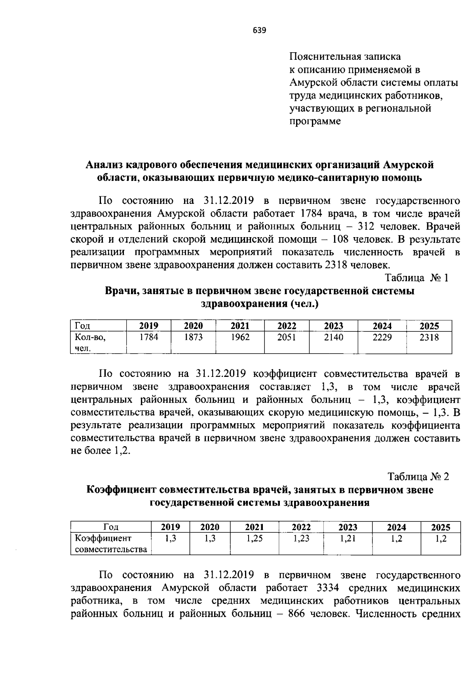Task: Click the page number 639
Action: click(x=259, y=30)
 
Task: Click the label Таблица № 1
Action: click(x=416, y=278)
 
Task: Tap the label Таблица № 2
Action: click(x=418, y=476)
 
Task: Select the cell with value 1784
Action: click(x=149, y=337)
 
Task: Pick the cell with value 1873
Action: click(x=193, y=337)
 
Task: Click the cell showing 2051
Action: click(x=287, y=337)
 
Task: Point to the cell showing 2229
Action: click(x=382, y=337)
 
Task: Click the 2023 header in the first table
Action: click(x=333, y=326)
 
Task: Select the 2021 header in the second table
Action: click(x=255, y=527)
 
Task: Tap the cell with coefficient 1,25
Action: click(x=255, y=538)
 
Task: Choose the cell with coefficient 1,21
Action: click(x=348, y=538)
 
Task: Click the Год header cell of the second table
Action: click(x=111, y=527)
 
